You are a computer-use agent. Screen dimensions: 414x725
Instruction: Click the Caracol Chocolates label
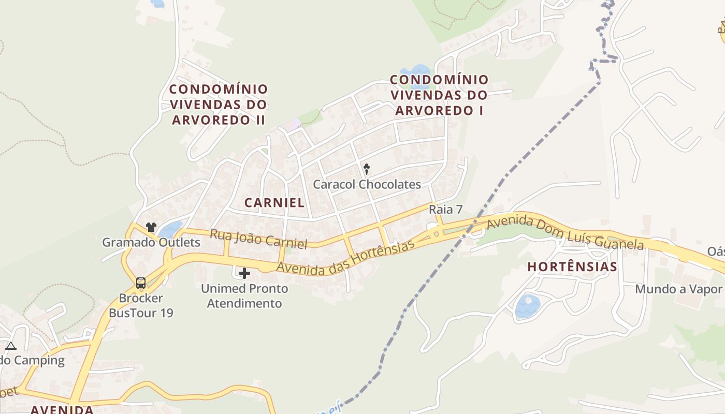tap(367, 184)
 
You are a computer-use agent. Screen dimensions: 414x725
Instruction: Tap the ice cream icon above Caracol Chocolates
tap(367, 169)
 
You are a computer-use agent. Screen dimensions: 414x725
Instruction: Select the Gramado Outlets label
tap(151, 242)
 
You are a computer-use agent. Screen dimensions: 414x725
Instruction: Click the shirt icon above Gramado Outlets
tap(151, 227)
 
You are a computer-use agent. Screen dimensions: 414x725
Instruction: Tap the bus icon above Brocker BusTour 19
tap(140, 283)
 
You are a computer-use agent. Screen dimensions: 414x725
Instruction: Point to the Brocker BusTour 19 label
tap(141, 305)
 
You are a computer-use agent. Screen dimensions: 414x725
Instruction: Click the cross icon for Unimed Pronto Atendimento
tap(244, 273)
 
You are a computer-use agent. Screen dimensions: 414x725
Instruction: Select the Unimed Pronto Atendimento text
tap(244, 295)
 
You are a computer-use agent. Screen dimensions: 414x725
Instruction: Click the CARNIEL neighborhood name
tap(274, 203)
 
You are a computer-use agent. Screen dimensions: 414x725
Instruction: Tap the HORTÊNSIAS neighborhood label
tap(572, 267)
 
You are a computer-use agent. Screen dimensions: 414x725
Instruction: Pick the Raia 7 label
tap(445, 210)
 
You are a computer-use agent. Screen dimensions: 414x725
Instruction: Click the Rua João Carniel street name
tap(258, 239)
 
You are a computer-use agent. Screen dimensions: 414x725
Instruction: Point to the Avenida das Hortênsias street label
tap(345, 258)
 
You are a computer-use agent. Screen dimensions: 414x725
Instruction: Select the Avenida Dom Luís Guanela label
tap(565, 232)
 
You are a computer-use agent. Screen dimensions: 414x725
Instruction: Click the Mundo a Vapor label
tap(678, 289)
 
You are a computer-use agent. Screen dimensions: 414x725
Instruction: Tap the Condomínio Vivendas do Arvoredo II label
tap(219, 105)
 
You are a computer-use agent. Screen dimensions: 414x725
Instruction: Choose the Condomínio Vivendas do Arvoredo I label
tap(439, 95)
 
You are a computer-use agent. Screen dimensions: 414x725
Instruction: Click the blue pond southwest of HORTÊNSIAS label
tap(528, 306)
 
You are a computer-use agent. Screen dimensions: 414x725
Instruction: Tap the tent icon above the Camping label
tap(11, 346)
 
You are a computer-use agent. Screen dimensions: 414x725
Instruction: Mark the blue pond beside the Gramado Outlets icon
tap(170, 229)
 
